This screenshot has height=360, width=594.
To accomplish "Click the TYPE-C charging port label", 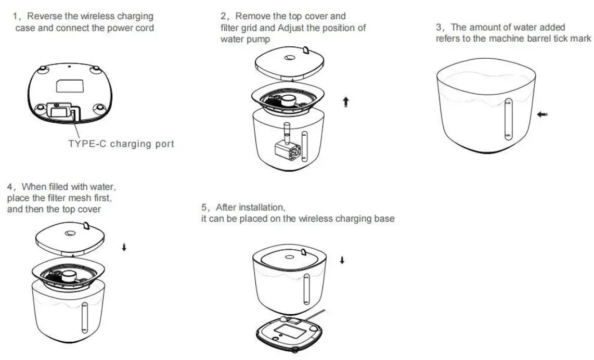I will (121, 144).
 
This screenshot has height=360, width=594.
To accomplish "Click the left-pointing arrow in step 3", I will (543, 114).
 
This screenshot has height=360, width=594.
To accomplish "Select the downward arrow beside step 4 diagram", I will (124, 248).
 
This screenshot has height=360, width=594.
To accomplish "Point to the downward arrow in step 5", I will (342, 260).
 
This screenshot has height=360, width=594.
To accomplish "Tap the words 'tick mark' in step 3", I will (573, 38).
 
